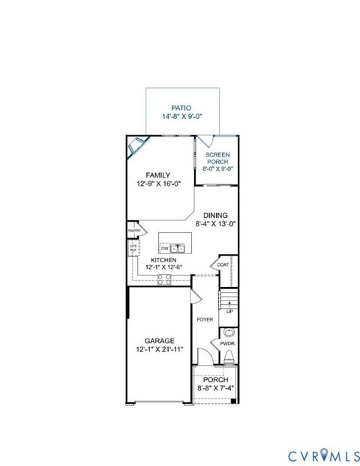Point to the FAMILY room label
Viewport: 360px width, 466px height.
(x=158, y=175)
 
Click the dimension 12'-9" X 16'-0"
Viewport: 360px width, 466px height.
(x=158, y=184)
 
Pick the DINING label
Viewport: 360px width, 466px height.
(x=215, y=214)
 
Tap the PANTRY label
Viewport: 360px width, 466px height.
(x=134, y=231)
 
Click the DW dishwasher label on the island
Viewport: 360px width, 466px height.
(x=165, y=248)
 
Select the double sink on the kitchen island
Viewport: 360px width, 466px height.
(x=178, y=248)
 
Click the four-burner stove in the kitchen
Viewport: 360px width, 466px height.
(x=163, y=279)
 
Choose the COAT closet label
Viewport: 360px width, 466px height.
(x=223, y=264)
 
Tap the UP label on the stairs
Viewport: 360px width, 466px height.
(x=229, y=312)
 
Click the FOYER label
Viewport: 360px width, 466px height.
(x=205, y=320)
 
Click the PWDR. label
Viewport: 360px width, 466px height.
(x=229, y=345)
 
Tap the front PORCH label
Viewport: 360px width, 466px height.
(x=215, y=380)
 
